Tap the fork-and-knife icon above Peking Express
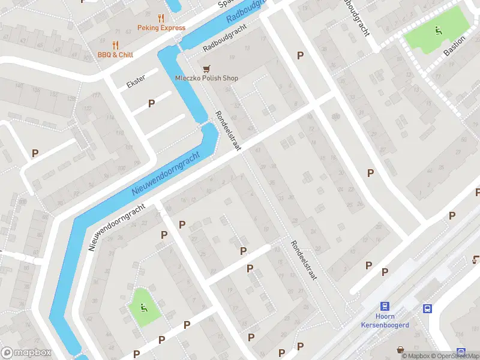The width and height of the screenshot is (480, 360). pyautogui.click(x=160, y=18)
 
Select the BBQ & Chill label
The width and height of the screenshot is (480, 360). pyautogui.click(x=115, y=55)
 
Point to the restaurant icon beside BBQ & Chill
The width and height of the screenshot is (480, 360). pyautogui.click(x=115, y=44)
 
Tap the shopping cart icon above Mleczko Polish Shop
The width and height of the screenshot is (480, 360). pyautogui.click(x=206, y=68)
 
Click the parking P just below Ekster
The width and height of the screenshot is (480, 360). pyautogui.click(x=152, y=103)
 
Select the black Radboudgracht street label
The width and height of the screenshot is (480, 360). pyautogui.click(x=225, y=38)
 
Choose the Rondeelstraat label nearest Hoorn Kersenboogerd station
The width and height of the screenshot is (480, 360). pyautogui.click(x=303, y=261)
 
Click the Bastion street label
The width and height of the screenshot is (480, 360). pyautogui.click(x=454, y=45)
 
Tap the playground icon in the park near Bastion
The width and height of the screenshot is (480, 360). pyautogui.click(x=438, y=29)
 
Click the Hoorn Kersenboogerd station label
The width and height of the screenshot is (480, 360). pyautogui.click(x=385, y=321)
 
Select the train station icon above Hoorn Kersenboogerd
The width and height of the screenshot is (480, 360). pyautogui.click(x=385, y=306)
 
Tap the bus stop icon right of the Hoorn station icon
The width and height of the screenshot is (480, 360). pyautogui.click(x=427, y=309)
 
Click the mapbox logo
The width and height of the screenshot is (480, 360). pyautogui.click(x=26, y=353)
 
